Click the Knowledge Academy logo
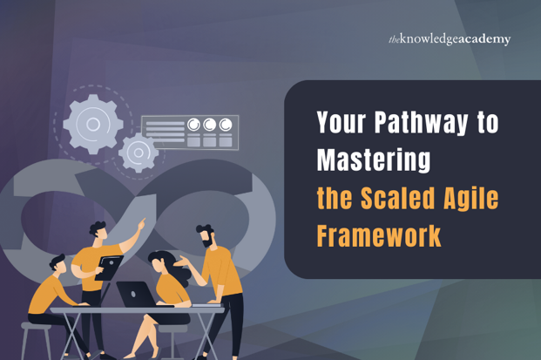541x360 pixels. pos(449,39)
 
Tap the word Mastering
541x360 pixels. pos(374,160)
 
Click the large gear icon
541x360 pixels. pos(93,123)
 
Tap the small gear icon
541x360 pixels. pos(138,153)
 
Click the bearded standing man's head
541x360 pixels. pos(206,235)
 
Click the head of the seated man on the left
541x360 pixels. pos(58,264)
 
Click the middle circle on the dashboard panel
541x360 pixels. pos(210,125)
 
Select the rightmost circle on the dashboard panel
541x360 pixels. pos(226,125)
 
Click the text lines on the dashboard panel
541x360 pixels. pos(164,132)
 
